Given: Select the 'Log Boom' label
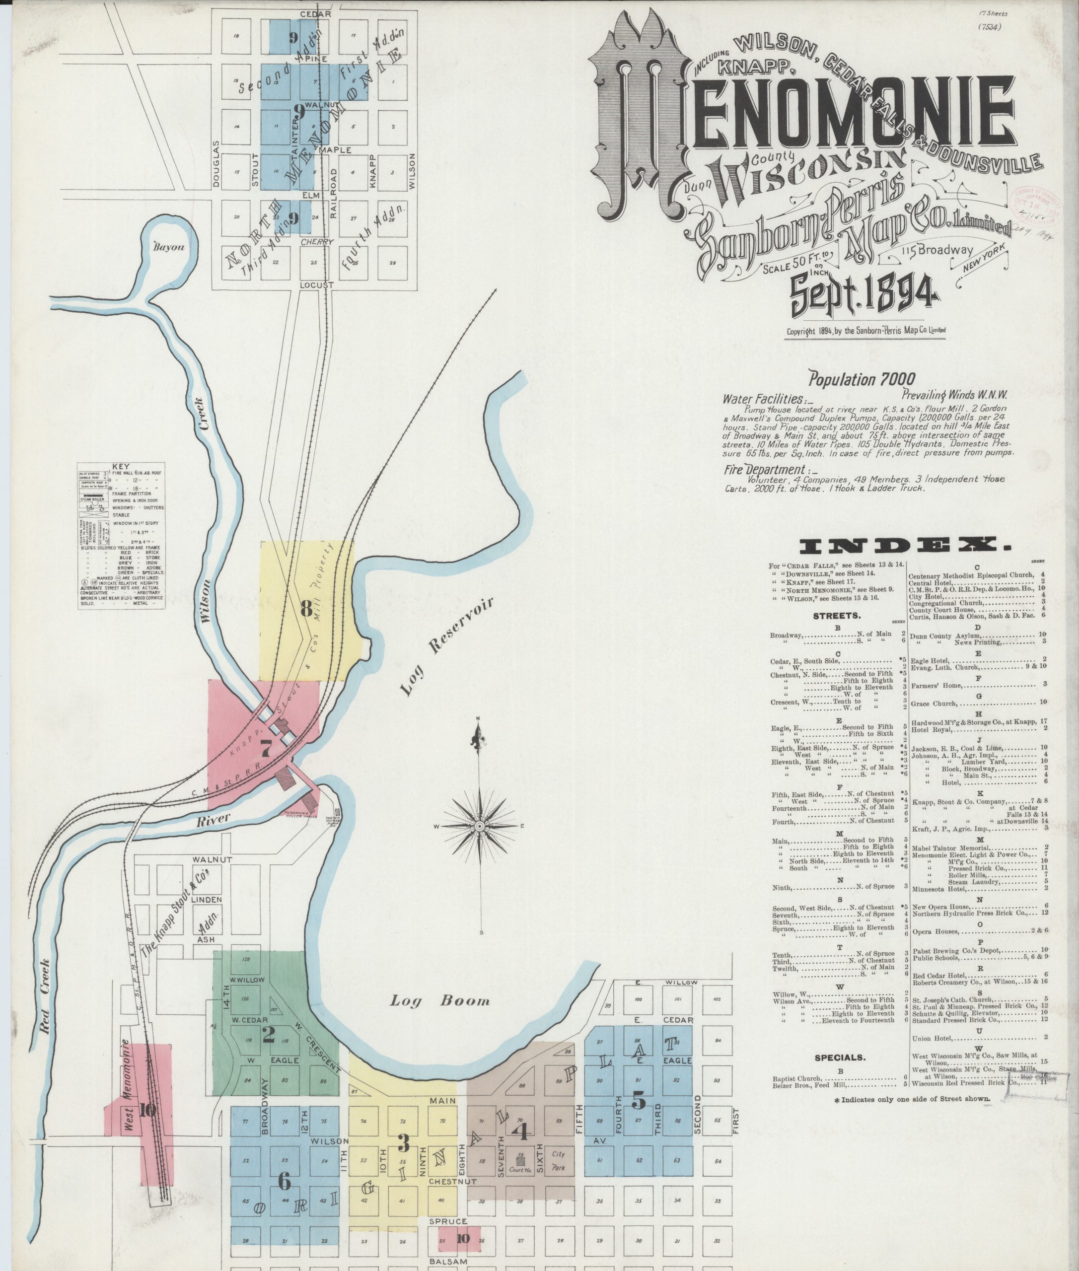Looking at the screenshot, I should coord(441,1001).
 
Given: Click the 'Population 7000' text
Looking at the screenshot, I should coord(862,379).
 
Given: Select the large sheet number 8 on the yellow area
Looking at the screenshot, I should coord(306,609).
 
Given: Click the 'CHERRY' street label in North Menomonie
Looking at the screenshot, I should coord(317,242).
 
